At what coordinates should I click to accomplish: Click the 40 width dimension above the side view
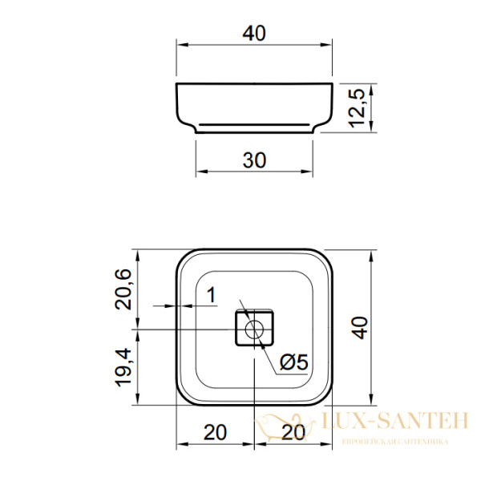[x=254, y=34]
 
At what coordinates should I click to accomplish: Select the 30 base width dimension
[x=254, y=160]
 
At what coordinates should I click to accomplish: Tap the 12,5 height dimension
[x=358, y=108]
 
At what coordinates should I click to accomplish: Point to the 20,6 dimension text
[x=123, y=289]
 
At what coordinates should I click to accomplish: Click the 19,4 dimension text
[x=123, y=367]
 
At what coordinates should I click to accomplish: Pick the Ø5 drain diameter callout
[x=294, y=362]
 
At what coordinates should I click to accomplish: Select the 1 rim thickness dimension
[x=212, y=295]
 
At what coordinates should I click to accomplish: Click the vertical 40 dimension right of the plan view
[x=361, y=328]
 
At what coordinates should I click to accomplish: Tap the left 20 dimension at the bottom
[x=215, y=433]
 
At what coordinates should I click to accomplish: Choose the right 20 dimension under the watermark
[x=293, y=433]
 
